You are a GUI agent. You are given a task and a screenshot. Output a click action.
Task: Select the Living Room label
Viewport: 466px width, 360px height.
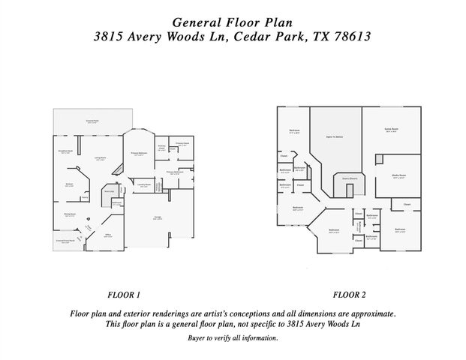[100, 158]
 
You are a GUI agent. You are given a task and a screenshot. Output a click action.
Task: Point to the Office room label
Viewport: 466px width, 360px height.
[108, 235]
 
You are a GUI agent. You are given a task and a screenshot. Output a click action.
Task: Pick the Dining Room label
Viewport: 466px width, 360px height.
[69, 214]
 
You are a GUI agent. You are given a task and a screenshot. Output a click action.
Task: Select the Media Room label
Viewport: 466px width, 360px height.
[398, 177]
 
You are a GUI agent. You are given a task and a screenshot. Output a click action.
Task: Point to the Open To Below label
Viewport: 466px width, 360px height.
[335, 136]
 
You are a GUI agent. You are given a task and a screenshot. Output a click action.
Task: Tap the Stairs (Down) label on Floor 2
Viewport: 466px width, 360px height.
[348, 178]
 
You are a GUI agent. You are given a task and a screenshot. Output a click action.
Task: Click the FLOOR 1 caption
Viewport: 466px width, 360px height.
[124, 295]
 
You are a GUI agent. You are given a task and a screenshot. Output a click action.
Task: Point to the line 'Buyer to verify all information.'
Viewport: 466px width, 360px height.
[233, 338]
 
